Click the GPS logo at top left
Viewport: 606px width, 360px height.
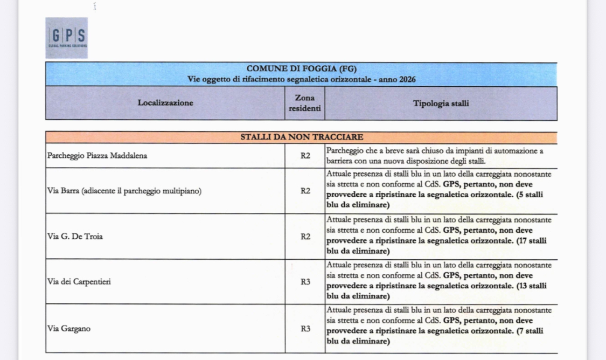[66, 37]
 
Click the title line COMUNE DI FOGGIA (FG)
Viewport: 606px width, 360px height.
[301, 69]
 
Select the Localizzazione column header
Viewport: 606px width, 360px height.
[165, 103]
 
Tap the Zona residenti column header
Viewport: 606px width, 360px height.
[305, 103]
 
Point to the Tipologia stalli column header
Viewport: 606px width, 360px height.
[441, 103]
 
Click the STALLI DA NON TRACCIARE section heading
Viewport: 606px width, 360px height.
[301, 137]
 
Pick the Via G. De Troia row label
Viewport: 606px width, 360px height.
[75, 236]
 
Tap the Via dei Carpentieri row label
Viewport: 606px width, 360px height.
[79, 281]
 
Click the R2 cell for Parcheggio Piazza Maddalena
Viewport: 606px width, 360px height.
[305, 156]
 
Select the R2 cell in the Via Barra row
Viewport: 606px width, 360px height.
[305, 191]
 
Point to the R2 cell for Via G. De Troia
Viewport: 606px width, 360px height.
[305, 236]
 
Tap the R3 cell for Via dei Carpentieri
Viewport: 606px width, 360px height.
[305, 281]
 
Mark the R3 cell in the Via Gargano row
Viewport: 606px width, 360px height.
[305, 328]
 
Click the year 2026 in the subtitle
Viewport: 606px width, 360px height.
[407, 79]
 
